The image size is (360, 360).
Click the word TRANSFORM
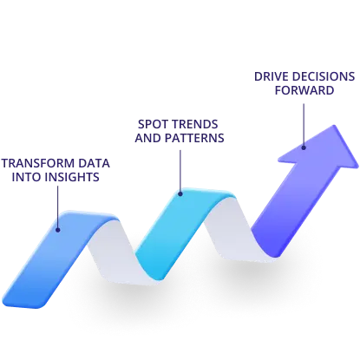(35, 163)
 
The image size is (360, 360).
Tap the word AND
(148, 138)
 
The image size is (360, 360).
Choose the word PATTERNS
(194, 138)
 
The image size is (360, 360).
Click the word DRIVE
(272, 76)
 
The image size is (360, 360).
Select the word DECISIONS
(324, 76)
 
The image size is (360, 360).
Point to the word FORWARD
(304, 90)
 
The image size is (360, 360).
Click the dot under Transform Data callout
(58, 230)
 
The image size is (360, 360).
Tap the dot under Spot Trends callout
(180, 194)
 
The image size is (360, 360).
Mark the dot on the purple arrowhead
(304, 147)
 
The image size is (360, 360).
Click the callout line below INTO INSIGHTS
(58, 206)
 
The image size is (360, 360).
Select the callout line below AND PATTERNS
(180, 171)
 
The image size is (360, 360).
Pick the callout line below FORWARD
(304, 125)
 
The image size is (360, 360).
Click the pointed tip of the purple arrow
(334, 126)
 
